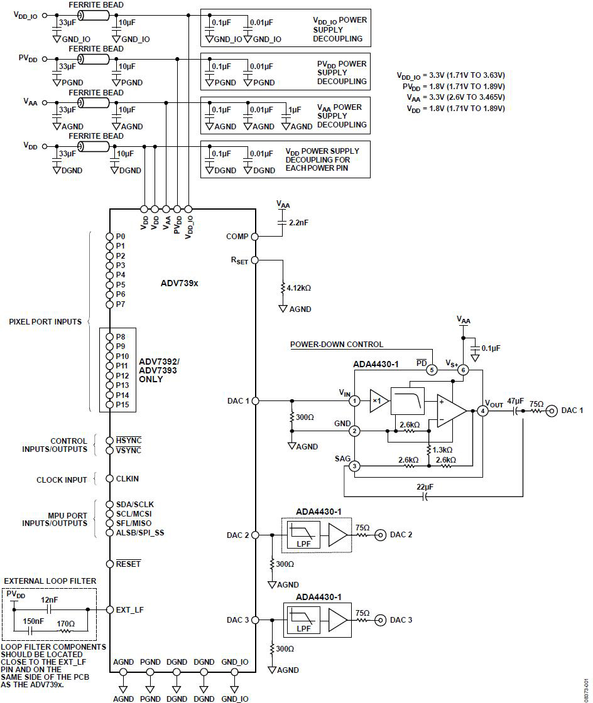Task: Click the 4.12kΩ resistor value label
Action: (299, 288)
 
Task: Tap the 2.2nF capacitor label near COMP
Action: (299, 222)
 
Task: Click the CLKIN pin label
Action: (128, 479)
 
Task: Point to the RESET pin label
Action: (128, 564)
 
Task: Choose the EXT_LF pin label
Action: (129, 609)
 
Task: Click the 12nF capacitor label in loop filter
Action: (50, 600)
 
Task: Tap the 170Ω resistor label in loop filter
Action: (65, 624)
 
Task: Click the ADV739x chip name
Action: (180, 283)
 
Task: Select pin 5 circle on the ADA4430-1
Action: (432, 370)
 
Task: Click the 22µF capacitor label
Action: (425, 487)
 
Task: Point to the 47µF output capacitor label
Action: (515, 401)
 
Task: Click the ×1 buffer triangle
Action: (379, 401)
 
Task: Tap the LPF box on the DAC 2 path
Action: (303, 535)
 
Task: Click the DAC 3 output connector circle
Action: (381, 620)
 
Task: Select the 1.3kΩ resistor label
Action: (442, 449)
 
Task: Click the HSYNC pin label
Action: (129, 440)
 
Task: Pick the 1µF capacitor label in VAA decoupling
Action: (295, 109)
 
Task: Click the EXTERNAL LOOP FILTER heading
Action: (50, 581)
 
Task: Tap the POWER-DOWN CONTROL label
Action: (337, 345)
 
